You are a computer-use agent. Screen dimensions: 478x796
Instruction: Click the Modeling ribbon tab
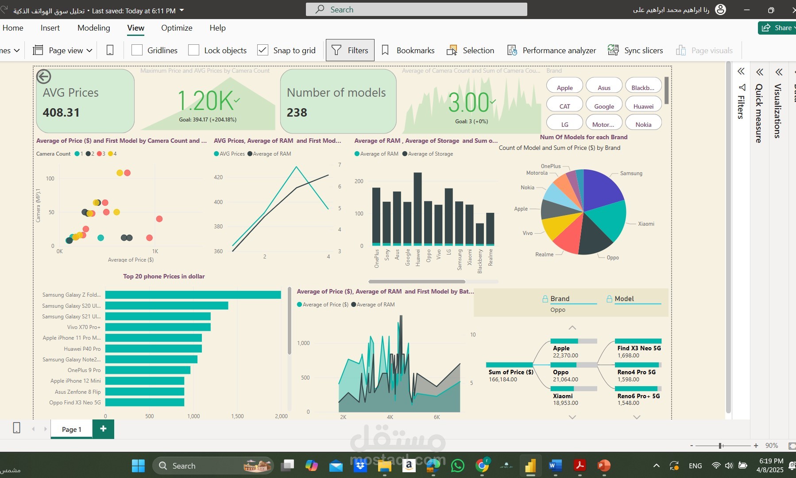tap(93, 28)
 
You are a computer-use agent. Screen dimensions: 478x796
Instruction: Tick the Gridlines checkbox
tap(137, 50)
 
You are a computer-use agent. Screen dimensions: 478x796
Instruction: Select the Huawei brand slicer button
tap(643, 106)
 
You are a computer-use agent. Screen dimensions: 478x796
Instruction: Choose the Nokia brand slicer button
tap(643, 125)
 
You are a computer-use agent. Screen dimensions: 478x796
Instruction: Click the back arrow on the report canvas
tap(43, 77)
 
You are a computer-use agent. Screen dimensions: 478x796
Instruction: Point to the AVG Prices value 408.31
tap(61, 113)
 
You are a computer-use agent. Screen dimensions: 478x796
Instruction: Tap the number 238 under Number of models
tap(297, 113)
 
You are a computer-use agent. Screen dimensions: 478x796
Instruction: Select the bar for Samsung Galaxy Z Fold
tap(193, 295)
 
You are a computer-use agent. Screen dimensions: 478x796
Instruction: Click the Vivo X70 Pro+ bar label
tap(84, 327)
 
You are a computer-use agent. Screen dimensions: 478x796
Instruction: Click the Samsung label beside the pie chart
tap(631, 173)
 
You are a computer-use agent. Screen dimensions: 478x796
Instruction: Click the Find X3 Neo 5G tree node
tap(638, 348)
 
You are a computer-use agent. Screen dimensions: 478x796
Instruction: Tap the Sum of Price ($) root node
tap(510, 372)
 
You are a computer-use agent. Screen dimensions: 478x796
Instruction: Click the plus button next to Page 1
tap(103, 429)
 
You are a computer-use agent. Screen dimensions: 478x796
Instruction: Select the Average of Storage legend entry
tap(430, 154)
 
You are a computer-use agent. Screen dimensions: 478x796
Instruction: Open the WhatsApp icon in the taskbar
tap(457, 466)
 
